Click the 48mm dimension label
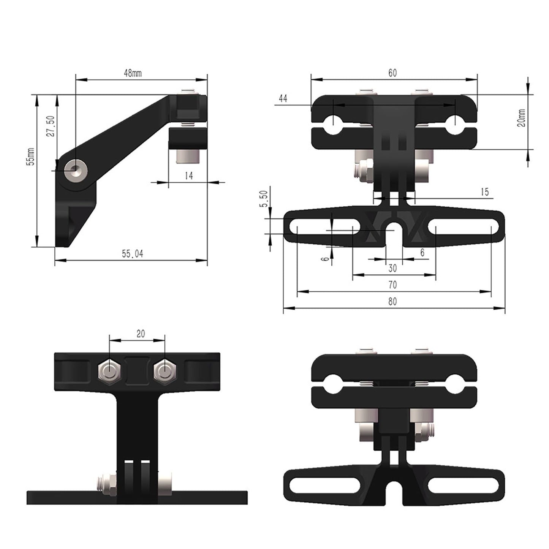(x=133, y=73)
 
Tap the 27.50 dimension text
(x=52, y=126)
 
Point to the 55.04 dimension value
(x=133, y=254)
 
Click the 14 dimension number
(x=188, y=176)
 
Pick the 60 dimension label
(x=392, y=73)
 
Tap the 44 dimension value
(x=283, y=99)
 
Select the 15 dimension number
(x=484, y=192)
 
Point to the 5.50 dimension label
(x=265, y=198)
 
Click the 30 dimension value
(x=392, y=268)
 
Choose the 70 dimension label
(x=392, y=285)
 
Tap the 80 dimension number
(x=392, y=302)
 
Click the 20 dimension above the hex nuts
(x=141, y=334)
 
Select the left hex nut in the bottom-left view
(x=109, y=370)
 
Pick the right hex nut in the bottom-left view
(x=165, y=370)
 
